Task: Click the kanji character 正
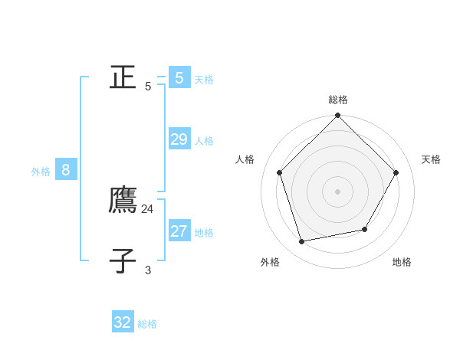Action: [123, 77]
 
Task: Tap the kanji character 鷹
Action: [123, 200]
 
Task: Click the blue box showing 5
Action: [179, 77]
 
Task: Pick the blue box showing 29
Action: [179, 139]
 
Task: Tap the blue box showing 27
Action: [179, 231]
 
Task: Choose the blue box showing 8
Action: [66, 170]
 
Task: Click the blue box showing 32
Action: [123, 322]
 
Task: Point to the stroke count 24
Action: [148, 208]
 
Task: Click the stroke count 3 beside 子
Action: [148, 270]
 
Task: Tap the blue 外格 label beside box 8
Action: [41, 172]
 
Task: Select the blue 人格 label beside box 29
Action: [204, 141]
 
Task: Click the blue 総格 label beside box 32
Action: [147, 325]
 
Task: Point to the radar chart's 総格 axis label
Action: [338, 100]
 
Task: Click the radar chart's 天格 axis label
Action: [431, 159]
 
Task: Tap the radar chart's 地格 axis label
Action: [402, 262]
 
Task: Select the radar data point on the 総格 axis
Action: [337, 116]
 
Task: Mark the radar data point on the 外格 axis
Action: [302, 241]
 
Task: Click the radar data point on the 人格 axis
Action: [279, 172]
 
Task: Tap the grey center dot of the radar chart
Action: [337, 191]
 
